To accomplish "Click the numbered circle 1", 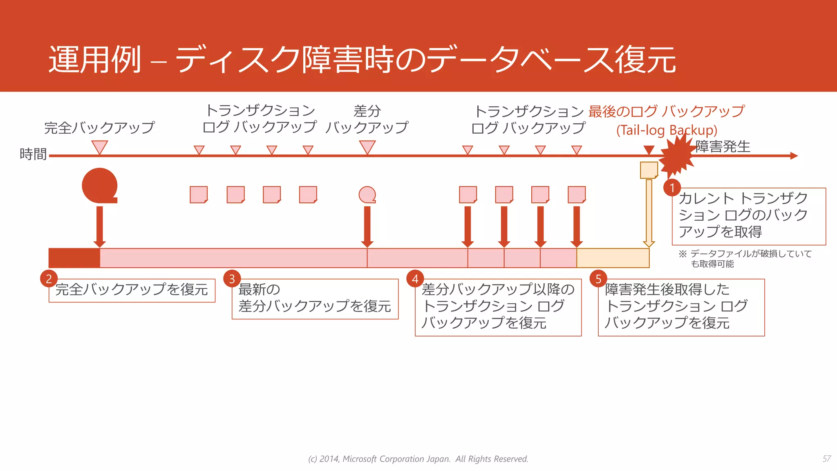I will point(672,188).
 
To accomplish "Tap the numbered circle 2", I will point(49,279).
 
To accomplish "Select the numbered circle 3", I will point(232,279).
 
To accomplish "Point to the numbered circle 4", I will point(415,279).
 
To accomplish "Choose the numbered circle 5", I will point(598,279).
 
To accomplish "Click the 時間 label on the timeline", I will point(33,154).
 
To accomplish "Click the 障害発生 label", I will point(723,146).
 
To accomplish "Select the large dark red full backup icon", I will point(100,186).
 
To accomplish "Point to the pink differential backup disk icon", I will point(367,195).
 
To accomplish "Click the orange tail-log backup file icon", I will point(649,170).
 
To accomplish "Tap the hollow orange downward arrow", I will point(649,213).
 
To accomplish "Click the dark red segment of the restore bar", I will point(74,258).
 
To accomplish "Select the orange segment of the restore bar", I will point(613,258).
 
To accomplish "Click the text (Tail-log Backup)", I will point(667,130).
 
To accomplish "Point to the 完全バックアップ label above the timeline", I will point(99,128).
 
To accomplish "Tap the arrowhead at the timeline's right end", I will point(794,156).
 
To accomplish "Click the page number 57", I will point(826,459).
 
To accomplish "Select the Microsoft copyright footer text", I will point(418,459).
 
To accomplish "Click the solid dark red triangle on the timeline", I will point(649,150).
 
